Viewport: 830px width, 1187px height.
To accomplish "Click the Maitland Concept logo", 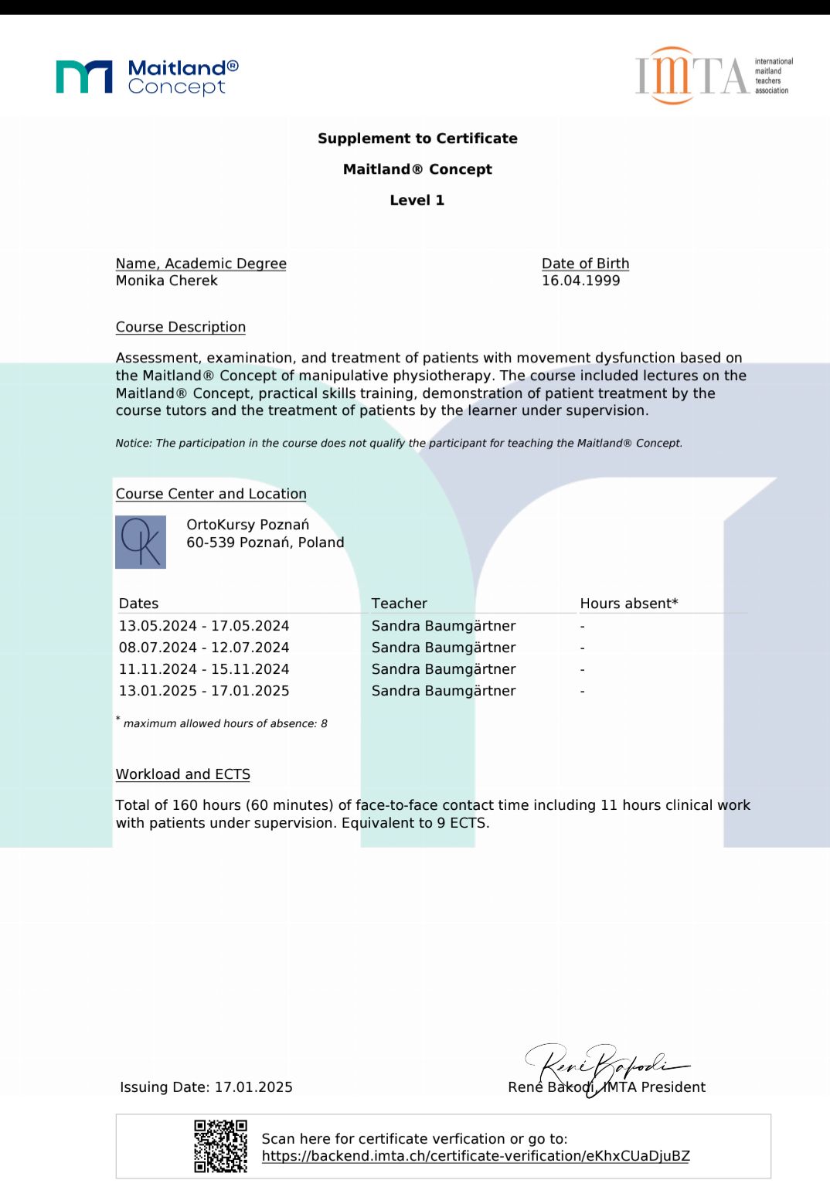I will [147, 77].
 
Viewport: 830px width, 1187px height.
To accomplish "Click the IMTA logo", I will [713, 76].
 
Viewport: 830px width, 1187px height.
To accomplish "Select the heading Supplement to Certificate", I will [417, 138].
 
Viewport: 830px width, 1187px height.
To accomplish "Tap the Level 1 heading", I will [417, 200].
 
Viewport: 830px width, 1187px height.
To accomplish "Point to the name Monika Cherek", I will [167, 281].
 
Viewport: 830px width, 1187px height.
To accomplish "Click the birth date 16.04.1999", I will [581, 281].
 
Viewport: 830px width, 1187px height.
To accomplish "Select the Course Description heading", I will [181, 327].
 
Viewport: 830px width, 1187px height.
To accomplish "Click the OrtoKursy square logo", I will [141, 542].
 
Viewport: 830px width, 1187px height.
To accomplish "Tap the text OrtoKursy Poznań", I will [248, 525].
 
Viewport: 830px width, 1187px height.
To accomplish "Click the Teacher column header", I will [399, 604].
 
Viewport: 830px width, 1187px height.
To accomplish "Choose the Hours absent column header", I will [629, 604].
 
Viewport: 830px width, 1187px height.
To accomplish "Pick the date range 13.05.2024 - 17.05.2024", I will [204, 626].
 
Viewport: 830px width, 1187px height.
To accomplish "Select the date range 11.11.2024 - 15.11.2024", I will [204, 669].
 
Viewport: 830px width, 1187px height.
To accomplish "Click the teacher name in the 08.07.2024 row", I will [444, 648].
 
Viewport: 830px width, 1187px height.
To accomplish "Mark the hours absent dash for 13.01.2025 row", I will [583, 691].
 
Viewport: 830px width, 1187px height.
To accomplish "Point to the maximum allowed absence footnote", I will [225, 723].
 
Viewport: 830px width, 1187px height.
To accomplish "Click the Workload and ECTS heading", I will [183, 774].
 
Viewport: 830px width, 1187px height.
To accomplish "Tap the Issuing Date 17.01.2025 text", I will [206, 1087].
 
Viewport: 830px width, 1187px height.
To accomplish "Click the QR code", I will [220, 1146].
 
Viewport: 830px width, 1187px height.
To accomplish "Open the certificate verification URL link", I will [475, 1156].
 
